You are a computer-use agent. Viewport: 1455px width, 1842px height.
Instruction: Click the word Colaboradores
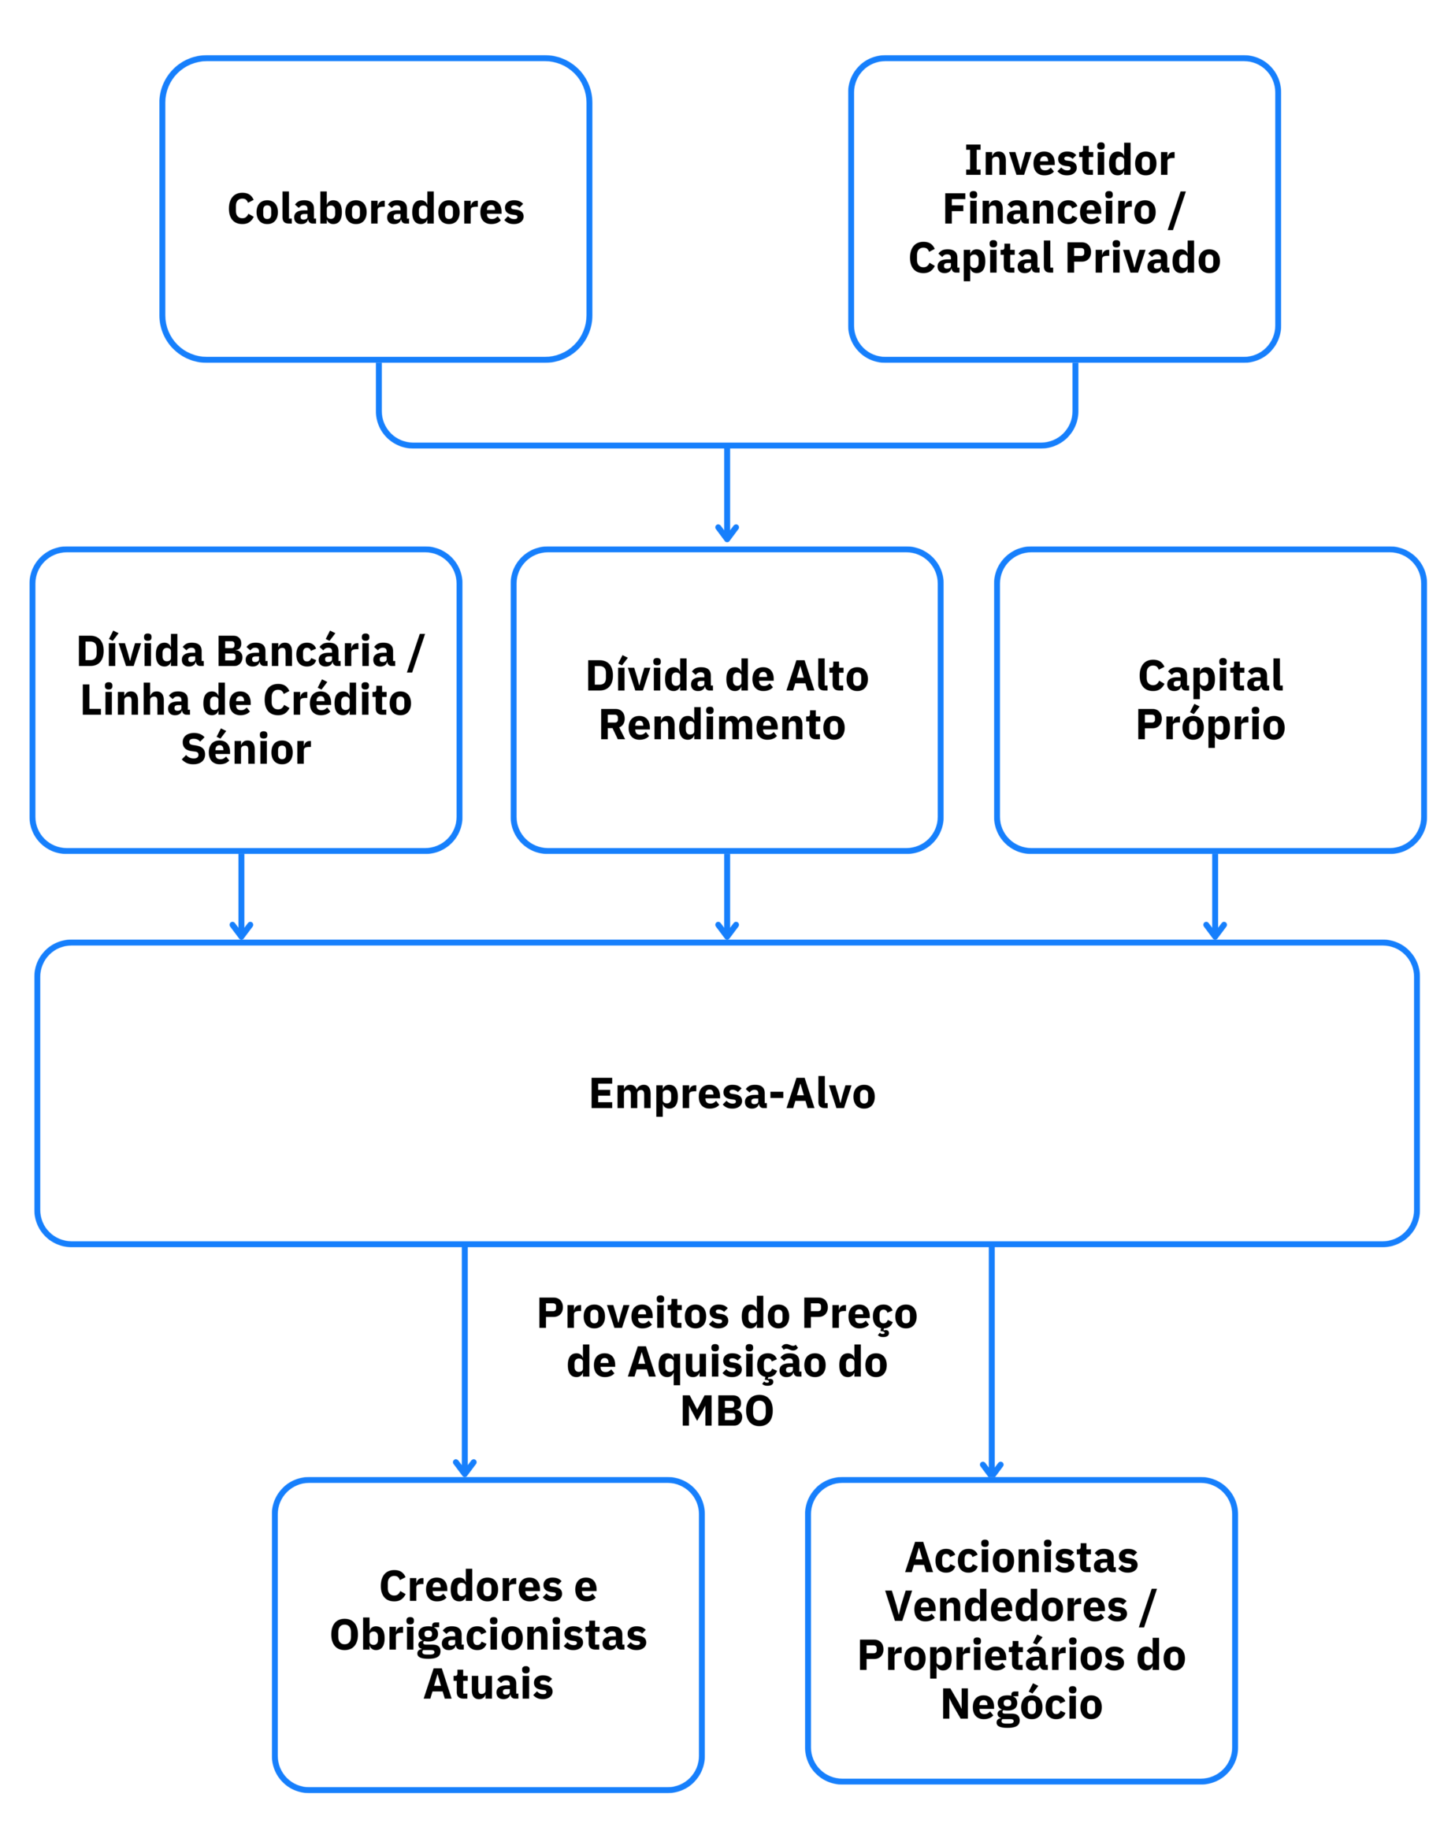[x=376, y=210]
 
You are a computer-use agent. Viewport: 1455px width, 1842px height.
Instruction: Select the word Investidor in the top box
[x=1069, y=161]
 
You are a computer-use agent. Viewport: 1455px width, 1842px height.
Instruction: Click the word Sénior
[x=247, y=750]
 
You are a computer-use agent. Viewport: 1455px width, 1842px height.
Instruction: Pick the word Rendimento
[x=722, y=725]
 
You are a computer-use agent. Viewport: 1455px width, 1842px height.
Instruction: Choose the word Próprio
[x=1211, y=725]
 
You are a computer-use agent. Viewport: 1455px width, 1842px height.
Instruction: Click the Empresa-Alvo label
[x=732, y=1094]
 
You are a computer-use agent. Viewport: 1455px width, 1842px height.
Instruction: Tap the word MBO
[x=726, y=1412]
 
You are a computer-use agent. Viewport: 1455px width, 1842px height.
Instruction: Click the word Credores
[x=471, y=1587]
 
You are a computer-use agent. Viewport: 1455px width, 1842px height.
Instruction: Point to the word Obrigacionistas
[x=488, y=1636]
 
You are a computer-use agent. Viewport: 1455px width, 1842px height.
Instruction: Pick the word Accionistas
[x=1022, y=1558]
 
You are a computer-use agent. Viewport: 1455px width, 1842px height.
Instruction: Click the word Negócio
[x=1022, y=1705]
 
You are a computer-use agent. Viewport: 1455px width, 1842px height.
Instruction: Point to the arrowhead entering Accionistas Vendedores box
[x=992, y=1469]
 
